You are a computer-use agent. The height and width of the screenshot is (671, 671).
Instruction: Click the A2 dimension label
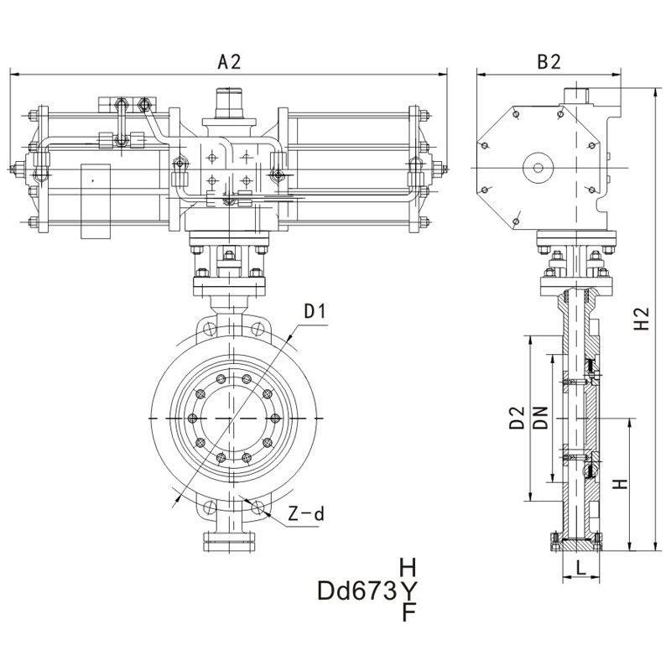[229, 61]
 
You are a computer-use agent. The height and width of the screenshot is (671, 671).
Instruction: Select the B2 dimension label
[549, 61]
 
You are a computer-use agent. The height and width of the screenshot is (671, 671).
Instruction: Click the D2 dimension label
[517, 419]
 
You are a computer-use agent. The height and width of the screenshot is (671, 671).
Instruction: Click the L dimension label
[579, 568]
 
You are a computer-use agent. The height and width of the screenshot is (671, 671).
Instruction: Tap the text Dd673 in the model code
[356, 592]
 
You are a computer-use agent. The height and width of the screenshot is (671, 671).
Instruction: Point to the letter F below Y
[409, 613]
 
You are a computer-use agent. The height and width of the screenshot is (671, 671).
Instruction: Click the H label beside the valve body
[619, 484]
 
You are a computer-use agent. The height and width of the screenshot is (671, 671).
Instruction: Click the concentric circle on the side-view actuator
[535, 168]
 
